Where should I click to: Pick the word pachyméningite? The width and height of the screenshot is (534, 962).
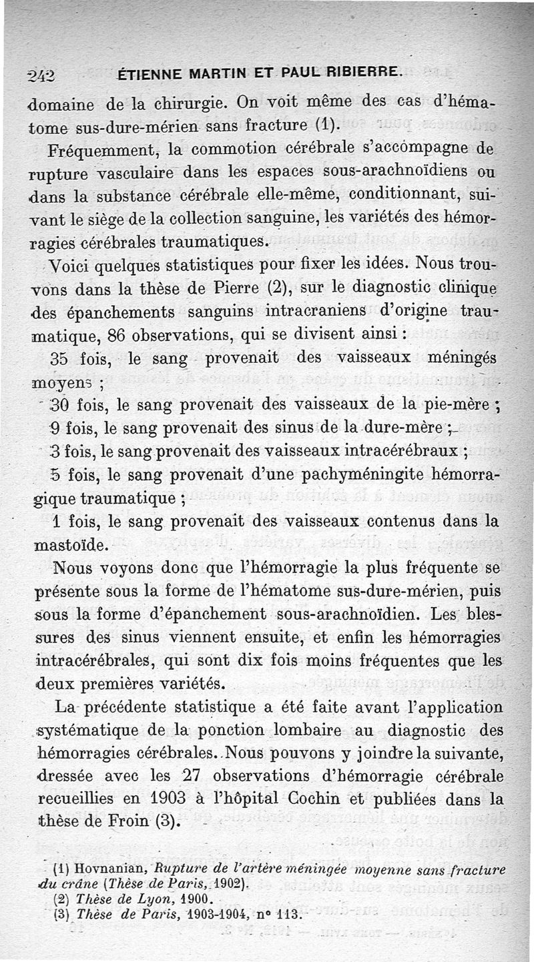click(x=366, y=475)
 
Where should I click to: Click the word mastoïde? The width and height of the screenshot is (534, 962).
click(x=69, y=545)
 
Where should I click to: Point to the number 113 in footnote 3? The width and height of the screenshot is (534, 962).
click(x=290, y=913)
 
